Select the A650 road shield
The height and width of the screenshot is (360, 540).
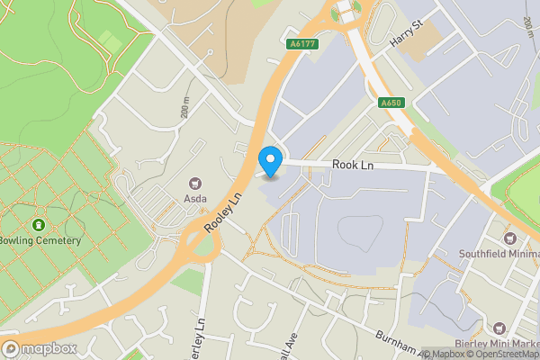pyautogui.click(x=391, y=103)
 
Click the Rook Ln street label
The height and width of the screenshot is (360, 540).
pyautogui.click(x=353, y=165)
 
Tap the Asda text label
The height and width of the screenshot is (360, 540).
pyautogui.click(x=195, y=198)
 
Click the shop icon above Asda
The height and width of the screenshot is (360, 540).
pyautogui.click(x=195, y=184)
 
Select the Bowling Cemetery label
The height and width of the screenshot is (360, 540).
pyautogui.click(x=40, y=240)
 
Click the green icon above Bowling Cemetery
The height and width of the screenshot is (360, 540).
pyautogui.click(x=38, y=224)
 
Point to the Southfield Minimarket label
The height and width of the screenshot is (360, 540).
pyautogui.click(x=499, y=253)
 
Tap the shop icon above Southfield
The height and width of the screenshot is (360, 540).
pyautogui.click(x=510, y=238)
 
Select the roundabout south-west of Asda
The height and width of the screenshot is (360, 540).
pyautogui.click(x=198, y=245)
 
